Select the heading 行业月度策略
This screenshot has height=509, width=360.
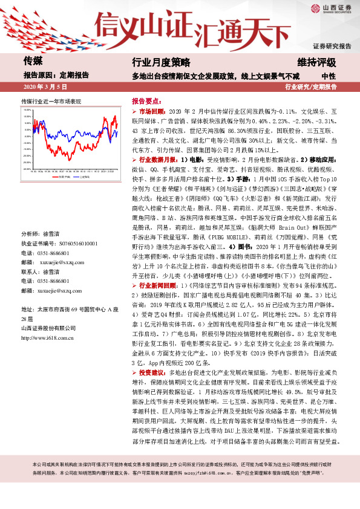pyautogui.click(x=161, y=63)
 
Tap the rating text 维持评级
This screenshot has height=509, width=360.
pyautogui.click(x=315, y=63)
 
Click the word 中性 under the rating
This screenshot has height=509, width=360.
pyautogui.click(x=329, y=76)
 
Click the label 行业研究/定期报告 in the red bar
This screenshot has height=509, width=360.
pyautogui.click(x=310, y=88)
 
